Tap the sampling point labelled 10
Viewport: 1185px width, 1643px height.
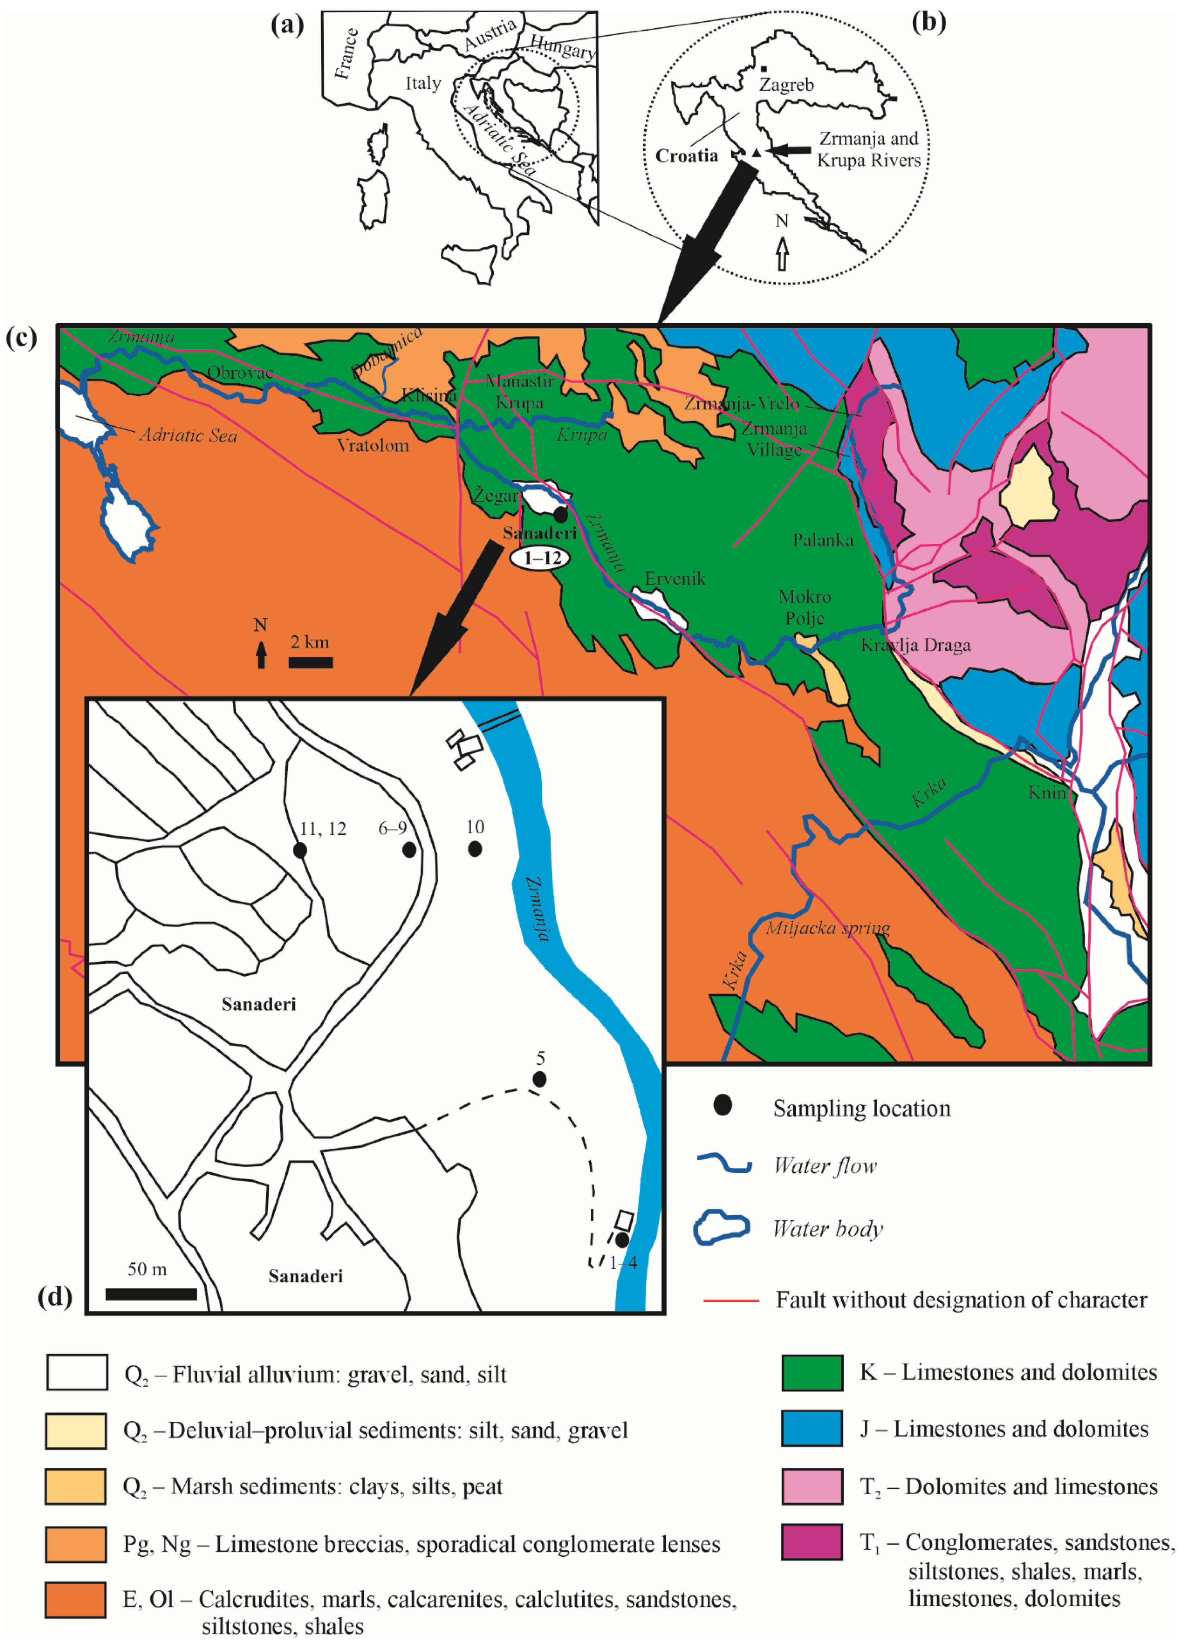point(474,848)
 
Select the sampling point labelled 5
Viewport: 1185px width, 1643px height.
point(539,1079)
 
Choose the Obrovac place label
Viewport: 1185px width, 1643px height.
point(240,372)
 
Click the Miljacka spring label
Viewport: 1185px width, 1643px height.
point(828,928)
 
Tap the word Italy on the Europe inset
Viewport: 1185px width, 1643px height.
point(423,83)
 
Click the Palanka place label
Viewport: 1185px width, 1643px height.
point(823,540)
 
